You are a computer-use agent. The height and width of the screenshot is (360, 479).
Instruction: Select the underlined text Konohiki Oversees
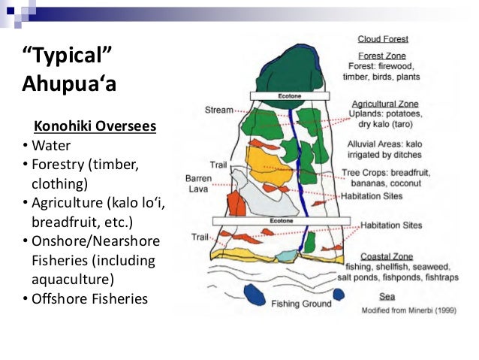click(91, 126)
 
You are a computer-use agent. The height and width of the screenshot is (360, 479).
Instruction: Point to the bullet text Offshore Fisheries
click(89, 299)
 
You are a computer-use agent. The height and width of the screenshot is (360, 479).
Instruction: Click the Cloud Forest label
click(382, 38)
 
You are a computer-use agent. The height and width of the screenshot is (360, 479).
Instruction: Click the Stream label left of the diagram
click(218, 110)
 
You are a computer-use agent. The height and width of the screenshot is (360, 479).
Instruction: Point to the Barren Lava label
click(199, 184)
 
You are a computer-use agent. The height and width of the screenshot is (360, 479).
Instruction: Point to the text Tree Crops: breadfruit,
click(390, 172)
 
